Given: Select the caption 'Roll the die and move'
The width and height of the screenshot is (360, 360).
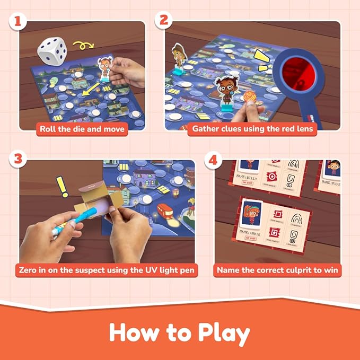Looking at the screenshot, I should coord(82,129).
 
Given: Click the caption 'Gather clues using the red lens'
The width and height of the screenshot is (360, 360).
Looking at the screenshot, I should coord(252,129).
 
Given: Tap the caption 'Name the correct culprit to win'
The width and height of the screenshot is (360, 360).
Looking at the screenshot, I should coord(278,270).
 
